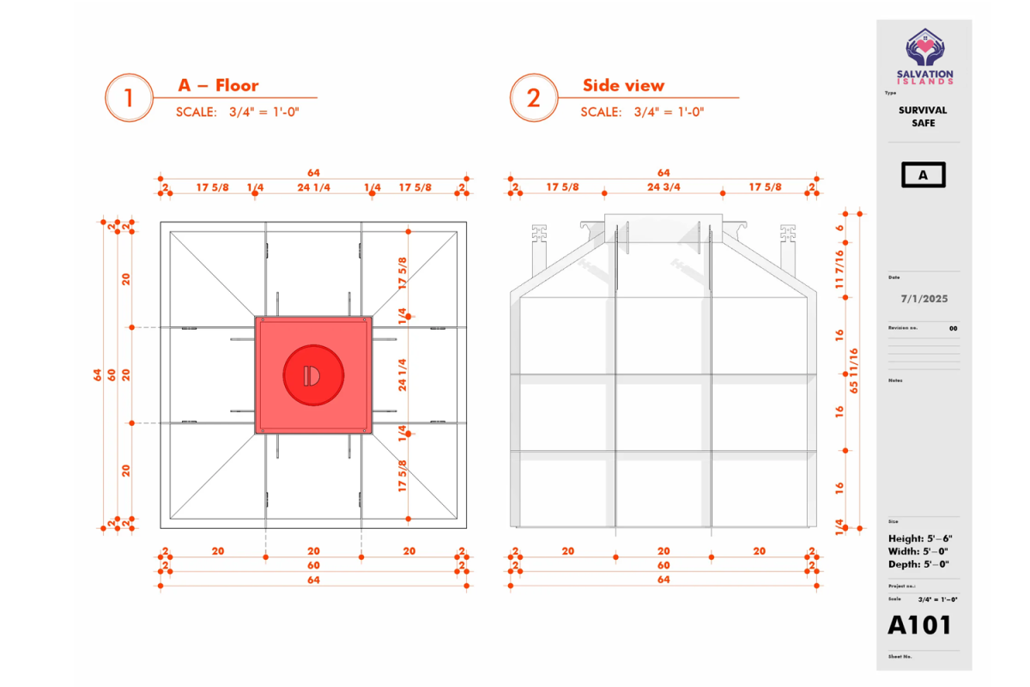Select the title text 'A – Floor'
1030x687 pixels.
[x=218, y=86]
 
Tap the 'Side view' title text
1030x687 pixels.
[x=623, y=86]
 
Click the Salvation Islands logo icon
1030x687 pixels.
[x=925, y=47]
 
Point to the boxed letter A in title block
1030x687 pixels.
[x=924, y=175]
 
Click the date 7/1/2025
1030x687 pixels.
[x=924, y=299]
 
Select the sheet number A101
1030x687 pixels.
[x=919, y=625]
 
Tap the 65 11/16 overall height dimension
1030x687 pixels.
[x=853, y=371]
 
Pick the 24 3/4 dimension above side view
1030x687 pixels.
[x=663, y=187]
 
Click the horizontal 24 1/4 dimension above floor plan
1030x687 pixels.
[x=313, y=187]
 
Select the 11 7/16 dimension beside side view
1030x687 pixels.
[x=839, y=270]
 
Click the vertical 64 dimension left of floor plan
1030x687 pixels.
[x=97, y=375]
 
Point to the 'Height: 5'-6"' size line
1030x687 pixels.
[x=920, y=538]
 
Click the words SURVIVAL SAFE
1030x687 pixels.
[x=923, y=117]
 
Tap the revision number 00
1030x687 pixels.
[x=954, y=329]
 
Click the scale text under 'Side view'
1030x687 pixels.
[x=642, y=112]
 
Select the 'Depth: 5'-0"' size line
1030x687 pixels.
[x=918, y=564]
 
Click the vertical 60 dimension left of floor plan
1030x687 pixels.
[x=112, y=375]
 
